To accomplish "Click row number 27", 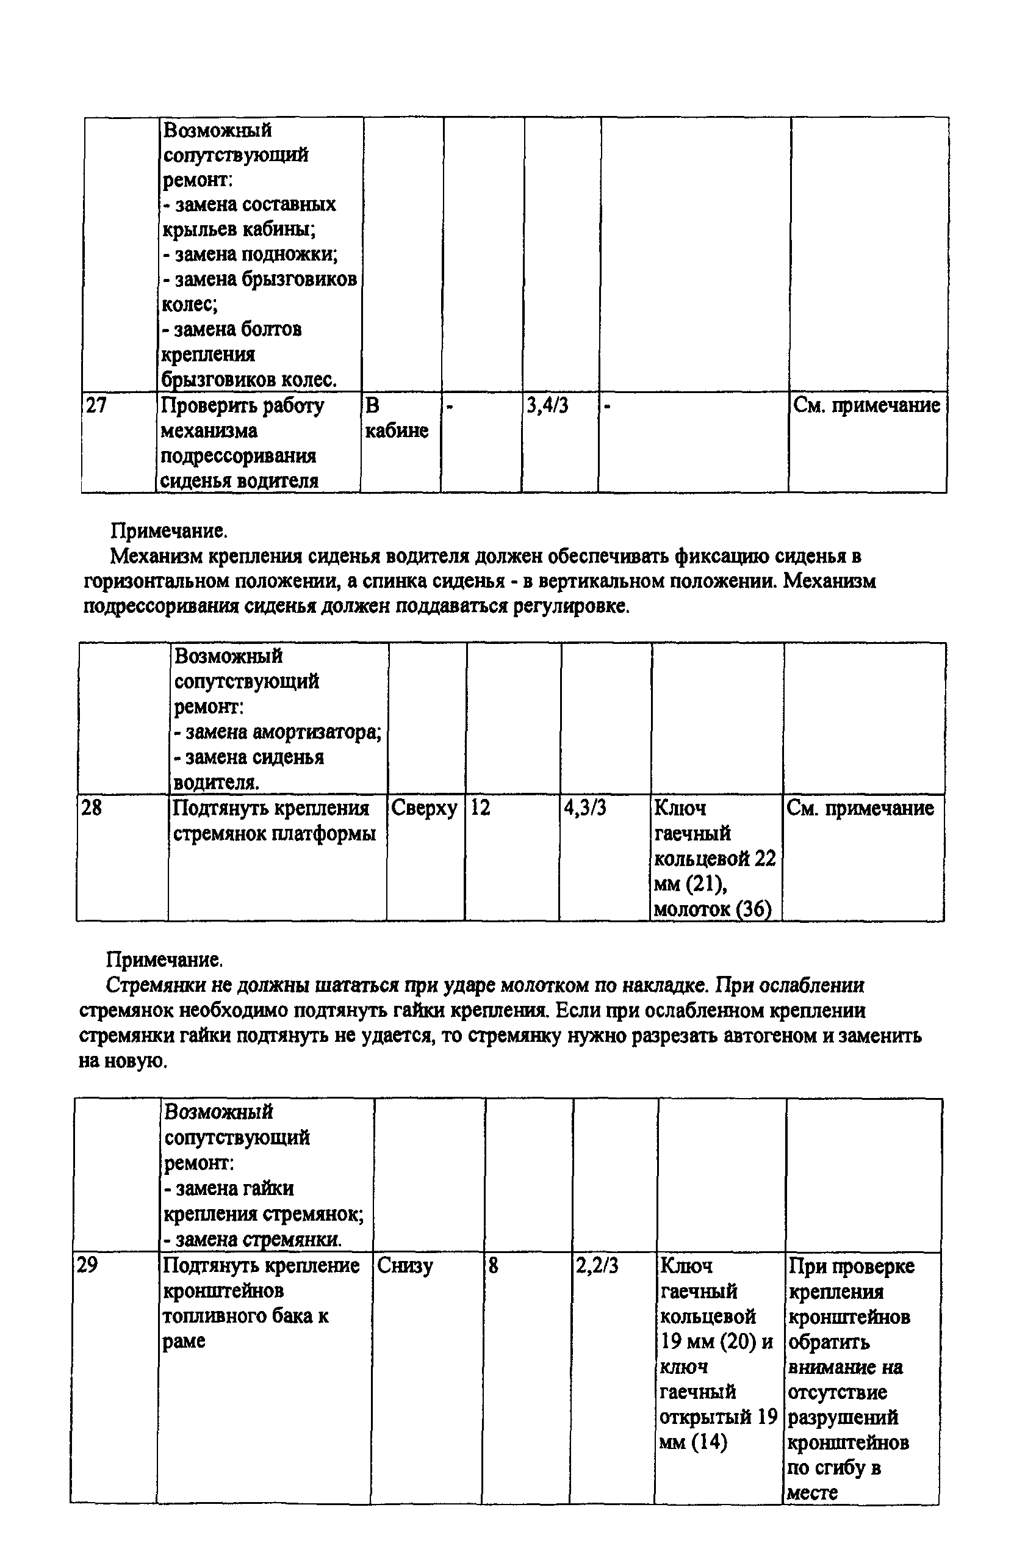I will point(96,406).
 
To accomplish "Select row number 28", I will point(92,808).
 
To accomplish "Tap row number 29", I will point(87,1265).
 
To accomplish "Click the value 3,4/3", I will point(547,406).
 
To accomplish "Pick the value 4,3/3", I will point(586,808).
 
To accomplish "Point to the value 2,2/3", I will point(597,1265).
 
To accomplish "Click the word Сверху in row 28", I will point(424,808).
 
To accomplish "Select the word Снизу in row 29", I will point(405,1265).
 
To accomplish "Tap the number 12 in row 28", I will point(480,808).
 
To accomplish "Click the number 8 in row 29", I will point(493,1265).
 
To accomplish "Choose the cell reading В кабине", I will point(397,418).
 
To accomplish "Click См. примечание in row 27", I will point(867,406).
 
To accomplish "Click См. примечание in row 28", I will point(860,808).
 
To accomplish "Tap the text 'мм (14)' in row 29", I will point(693,1442).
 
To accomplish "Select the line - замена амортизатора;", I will point(278,732).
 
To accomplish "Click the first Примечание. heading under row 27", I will point(169,530).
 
